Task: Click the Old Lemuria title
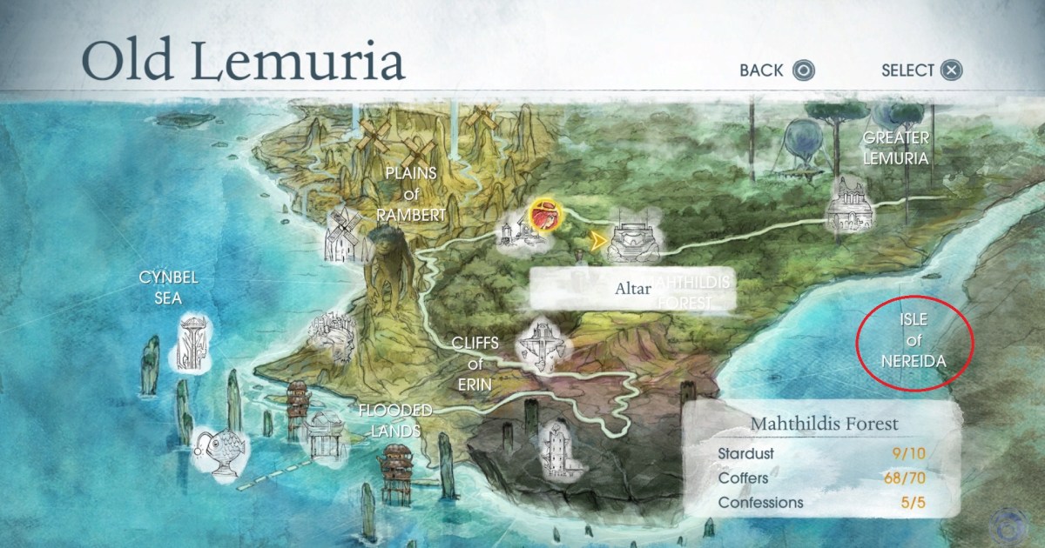243,61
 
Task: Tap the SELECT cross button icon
953,70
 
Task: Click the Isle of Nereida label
912,340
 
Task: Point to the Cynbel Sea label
169,288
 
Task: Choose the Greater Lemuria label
895,148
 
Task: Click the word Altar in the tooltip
631,287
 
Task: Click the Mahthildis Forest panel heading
824,424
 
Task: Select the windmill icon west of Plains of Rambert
342,234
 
